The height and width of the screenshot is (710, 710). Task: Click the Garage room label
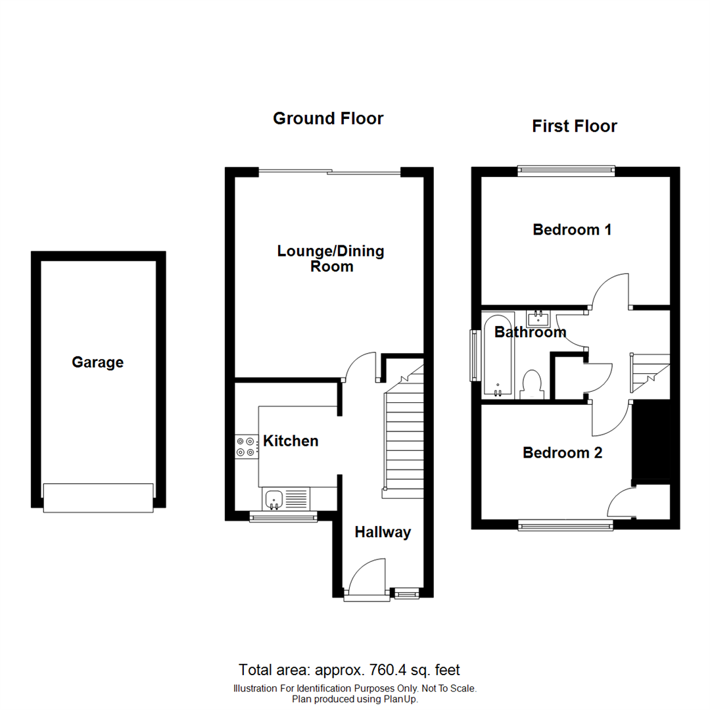pyautogui.click(x=97, y=362)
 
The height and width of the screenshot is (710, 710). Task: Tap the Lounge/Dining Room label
pyautogui.click(x=331, y=258)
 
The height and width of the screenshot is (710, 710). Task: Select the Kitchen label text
pyautogui.click(x=291, y=441)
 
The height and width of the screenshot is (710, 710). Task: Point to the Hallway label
pyautogui.click(x=383, y=532)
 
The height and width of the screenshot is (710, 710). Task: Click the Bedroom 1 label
pyautogui.click(x=572, y=230)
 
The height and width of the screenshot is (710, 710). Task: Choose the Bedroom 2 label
pyautogui.click(x=562, y=453)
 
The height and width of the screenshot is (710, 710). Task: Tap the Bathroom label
pyautogui.click(x=530, y=332)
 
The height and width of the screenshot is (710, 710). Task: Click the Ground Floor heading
pyautogui.click(x=328, y=118)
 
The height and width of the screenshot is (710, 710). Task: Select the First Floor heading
pyautogui.click(x=574, y=126)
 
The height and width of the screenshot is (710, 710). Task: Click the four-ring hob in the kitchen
pyautogui.click(x=247, y=447)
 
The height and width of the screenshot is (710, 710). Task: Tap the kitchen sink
pyautogui.click(x=273, y=500)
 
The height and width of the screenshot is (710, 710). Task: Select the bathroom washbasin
pyautogui.click(x=539, y=318)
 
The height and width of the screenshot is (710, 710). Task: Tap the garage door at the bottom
pyautogui.click(x=98, y=498)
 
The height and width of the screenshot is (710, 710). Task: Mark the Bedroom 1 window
pyautogui.click(x=565, y=170)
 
